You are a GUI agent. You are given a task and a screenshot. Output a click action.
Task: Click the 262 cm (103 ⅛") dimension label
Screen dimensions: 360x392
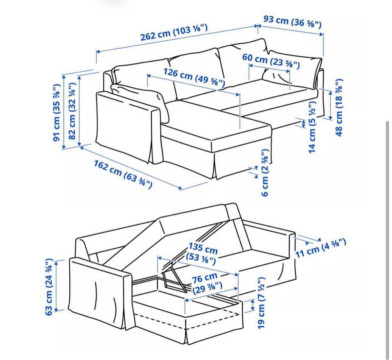click(x=174, y=33)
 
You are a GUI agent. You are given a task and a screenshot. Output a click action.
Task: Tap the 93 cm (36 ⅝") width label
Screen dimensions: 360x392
click(x=292, y=21)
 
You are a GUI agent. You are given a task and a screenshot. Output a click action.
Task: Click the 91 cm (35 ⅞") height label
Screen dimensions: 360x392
click(x=57, y=112)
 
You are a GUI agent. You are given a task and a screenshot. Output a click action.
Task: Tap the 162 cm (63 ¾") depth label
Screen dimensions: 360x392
click(x=123, y=174)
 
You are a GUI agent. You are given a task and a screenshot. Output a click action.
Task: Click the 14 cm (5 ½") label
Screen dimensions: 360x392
click(x=312, y=127)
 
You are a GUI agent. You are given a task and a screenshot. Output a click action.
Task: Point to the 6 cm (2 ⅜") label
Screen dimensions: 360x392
click(x=265, y=172)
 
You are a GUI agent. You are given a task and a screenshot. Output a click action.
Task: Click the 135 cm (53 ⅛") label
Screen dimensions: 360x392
click(x=202, y=253)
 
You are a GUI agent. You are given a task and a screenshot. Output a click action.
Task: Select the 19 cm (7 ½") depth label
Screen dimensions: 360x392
click(x=261, y=303)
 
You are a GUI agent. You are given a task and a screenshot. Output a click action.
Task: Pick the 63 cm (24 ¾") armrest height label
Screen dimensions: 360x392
click(x=49, y=287)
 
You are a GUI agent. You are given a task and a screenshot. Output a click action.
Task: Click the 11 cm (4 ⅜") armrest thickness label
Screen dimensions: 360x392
click(x=320, y=248)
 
